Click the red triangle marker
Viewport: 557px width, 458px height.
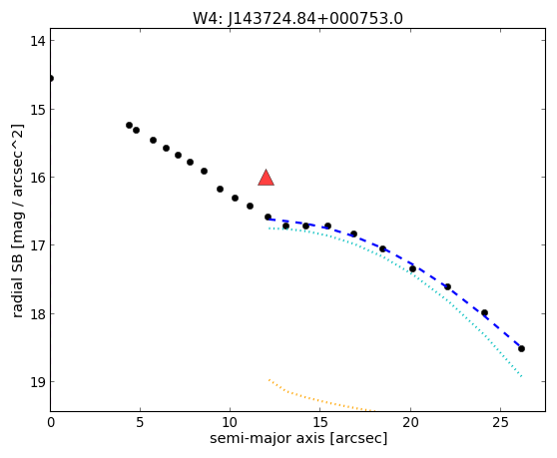[x=266, y=178]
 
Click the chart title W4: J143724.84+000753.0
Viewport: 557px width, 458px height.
[x=297, y=18]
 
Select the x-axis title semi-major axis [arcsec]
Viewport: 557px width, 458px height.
[x=298, y=438]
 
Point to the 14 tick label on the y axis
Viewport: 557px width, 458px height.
[x=38, y=41]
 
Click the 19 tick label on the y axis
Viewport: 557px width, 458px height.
[x=38, y=381]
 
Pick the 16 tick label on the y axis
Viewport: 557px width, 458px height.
[x=38, y=178]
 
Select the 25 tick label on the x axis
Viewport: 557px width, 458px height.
[x=500, y=422]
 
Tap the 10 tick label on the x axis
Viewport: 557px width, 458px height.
[x=230, y=422]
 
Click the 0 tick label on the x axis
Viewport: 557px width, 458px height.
[x=51, y=422]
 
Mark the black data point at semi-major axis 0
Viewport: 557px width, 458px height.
[x=51, y=78]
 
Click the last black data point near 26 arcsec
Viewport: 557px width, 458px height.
[x=521, y=348]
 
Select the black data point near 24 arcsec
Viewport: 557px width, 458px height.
[x=484, y=312]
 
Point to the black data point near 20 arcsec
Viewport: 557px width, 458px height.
[x=412, y=268]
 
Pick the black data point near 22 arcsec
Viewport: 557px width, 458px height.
[x=447, y=286]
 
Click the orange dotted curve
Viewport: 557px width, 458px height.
[x=318, y=400]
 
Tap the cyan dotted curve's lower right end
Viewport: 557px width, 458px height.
[x=521, y=376]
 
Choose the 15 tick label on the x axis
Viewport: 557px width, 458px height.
[x=319, y=422]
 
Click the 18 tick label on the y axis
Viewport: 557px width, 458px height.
[x=38, y=314]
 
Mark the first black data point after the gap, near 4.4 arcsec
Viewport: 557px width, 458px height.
[x=129, y=125]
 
